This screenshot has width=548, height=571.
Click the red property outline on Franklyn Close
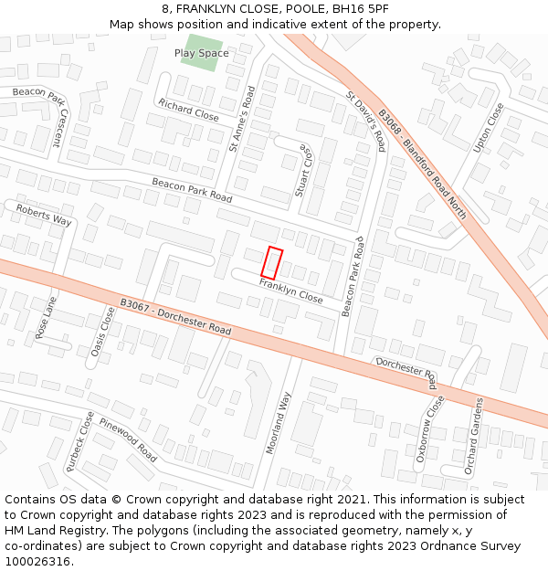271,263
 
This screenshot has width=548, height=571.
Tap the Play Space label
202,53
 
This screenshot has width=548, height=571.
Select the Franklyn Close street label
290,291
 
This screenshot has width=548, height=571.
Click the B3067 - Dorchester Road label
175,316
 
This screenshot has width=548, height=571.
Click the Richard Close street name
188,110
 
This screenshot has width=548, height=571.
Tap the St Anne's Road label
243,118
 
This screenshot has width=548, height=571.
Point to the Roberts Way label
44,215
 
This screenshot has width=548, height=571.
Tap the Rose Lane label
45,317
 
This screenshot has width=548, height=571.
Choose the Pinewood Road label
129,439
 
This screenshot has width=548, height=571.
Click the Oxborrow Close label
427,428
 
